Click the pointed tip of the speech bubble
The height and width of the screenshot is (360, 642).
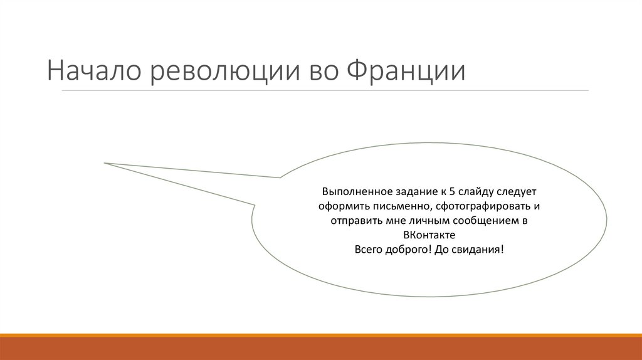pyautogui.click(x=105, y=163)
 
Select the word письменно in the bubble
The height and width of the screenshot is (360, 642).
pyautogui.click(x=399, y=206)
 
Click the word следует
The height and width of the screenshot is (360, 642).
pyautogui.click(x=517, y=191)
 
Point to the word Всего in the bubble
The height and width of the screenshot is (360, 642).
pyautogui.click(x=368, y=249)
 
